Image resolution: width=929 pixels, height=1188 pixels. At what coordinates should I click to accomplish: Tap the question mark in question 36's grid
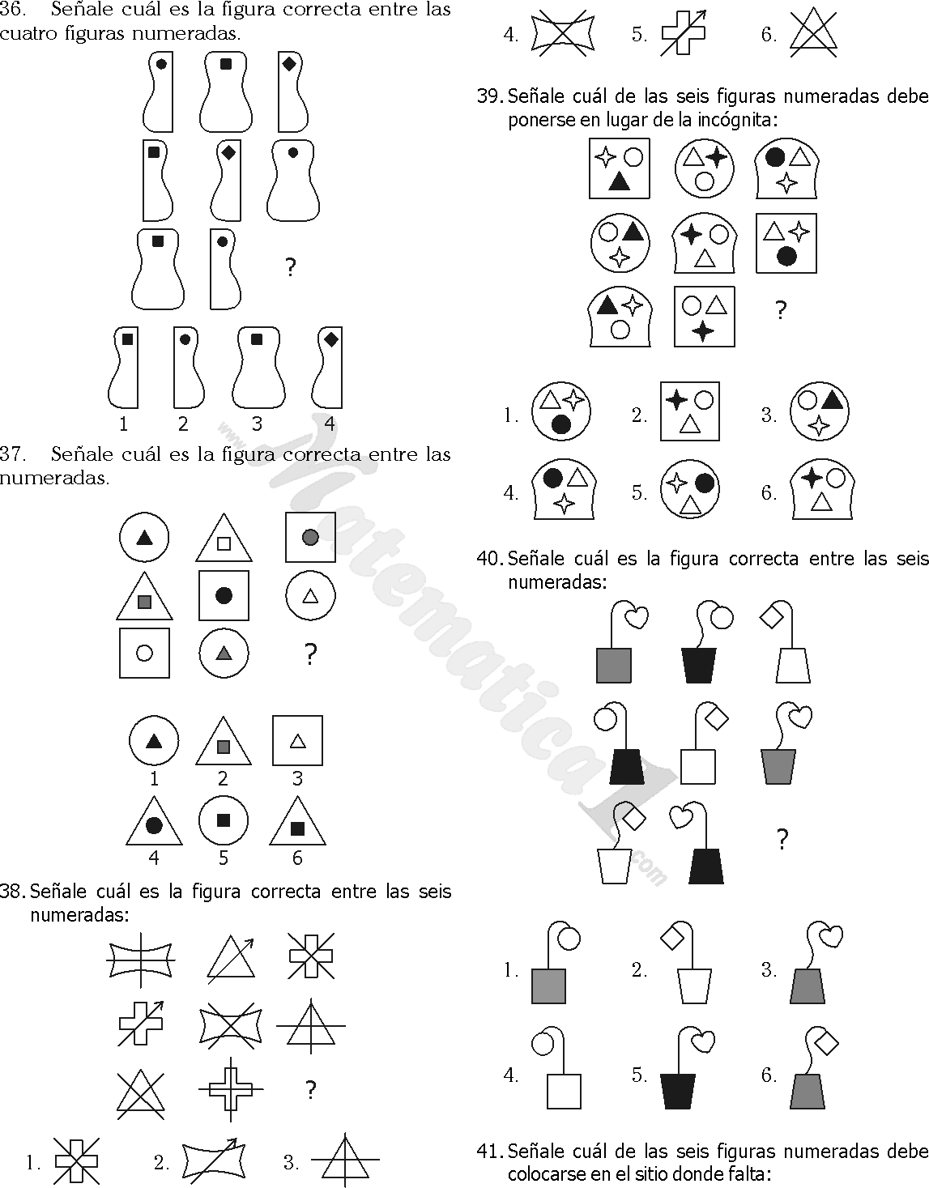point(291,267)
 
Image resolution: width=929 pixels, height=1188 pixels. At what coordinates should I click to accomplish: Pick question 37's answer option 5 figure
point(224,820)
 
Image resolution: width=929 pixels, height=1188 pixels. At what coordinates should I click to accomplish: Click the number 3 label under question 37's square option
point(297,778)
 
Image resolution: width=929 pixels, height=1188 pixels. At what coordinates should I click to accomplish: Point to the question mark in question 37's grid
point(309,654)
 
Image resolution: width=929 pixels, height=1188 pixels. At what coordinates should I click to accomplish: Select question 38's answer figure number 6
point(814,32)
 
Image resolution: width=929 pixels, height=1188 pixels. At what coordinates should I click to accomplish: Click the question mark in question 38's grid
point(310,1090)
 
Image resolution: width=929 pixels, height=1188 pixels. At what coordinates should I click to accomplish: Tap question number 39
point(489,96)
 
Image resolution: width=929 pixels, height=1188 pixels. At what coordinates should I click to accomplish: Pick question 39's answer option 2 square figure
point(690,411)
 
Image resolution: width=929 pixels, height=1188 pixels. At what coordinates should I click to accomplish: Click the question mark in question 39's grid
point(781,310)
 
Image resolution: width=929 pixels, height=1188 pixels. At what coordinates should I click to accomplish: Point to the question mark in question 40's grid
point(782,840)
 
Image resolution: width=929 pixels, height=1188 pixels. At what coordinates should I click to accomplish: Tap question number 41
point(489,1151)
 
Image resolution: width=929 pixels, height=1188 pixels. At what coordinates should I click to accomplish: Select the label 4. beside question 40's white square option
point(510,1075)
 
